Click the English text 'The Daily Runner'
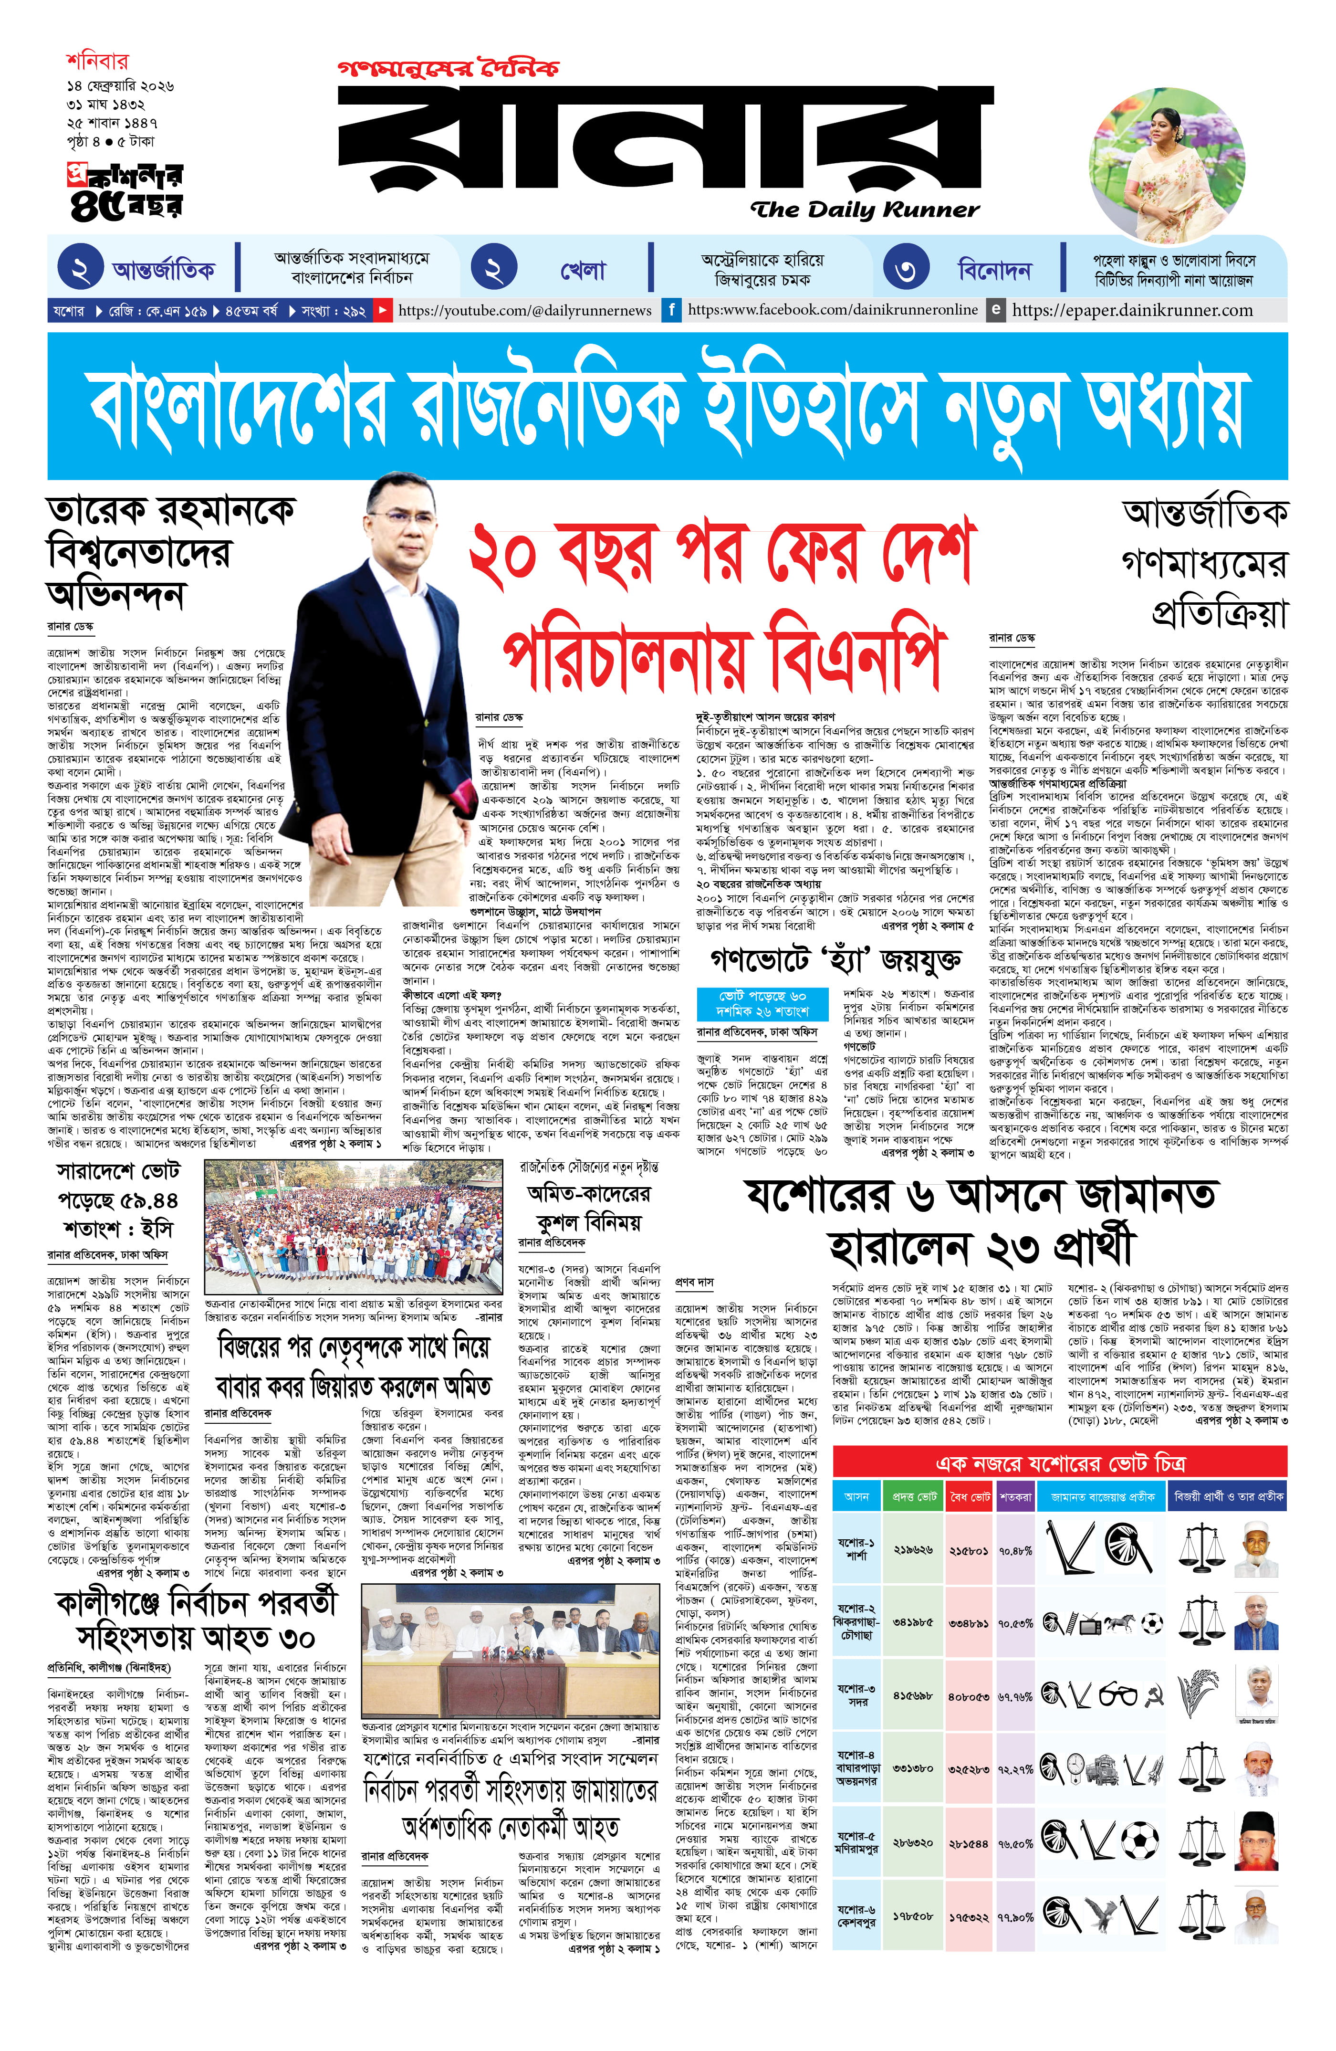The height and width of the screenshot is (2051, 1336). [864, 210]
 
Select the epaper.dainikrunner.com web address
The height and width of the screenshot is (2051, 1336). [1132, 309]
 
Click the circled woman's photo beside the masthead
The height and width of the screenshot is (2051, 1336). [1168, 175]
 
